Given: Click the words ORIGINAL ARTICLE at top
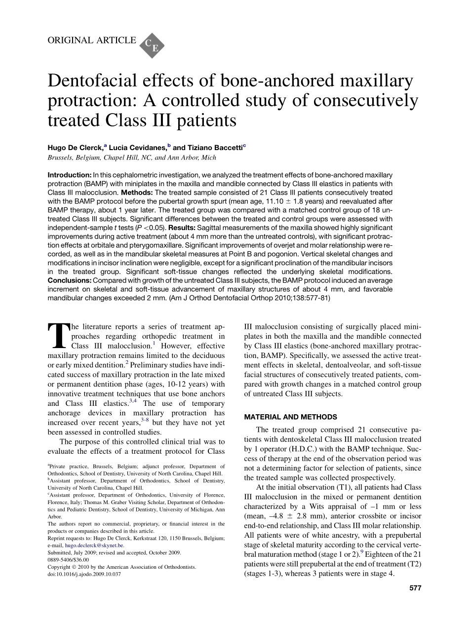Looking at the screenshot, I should pos(91,40).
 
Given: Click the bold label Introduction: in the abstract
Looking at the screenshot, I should pos(70,175).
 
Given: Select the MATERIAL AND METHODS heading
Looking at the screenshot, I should pos(291,417).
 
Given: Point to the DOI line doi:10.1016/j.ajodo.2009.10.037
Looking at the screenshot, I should pos(84,574).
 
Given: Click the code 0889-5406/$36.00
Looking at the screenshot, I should pos(68,560).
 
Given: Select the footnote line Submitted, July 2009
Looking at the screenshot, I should pos(114,552).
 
